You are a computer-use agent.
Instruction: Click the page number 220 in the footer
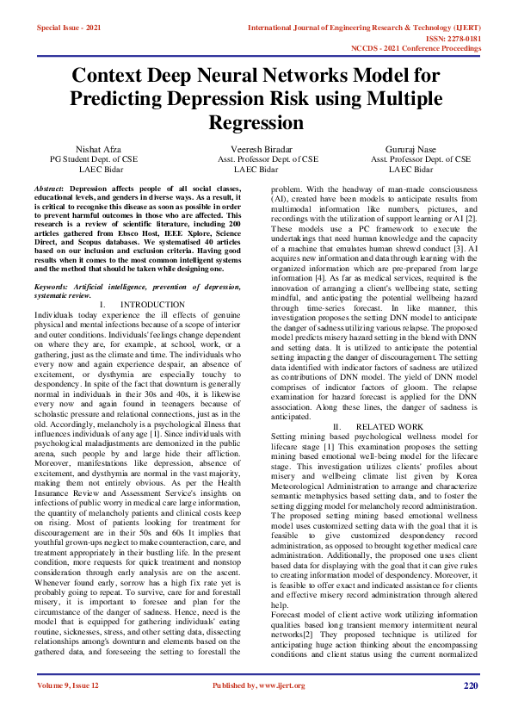(470, 685)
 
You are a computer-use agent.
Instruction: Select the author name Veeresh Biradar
(256, 148)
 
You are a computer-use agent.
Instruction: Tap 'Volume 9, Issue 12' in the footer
(68, 685)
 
